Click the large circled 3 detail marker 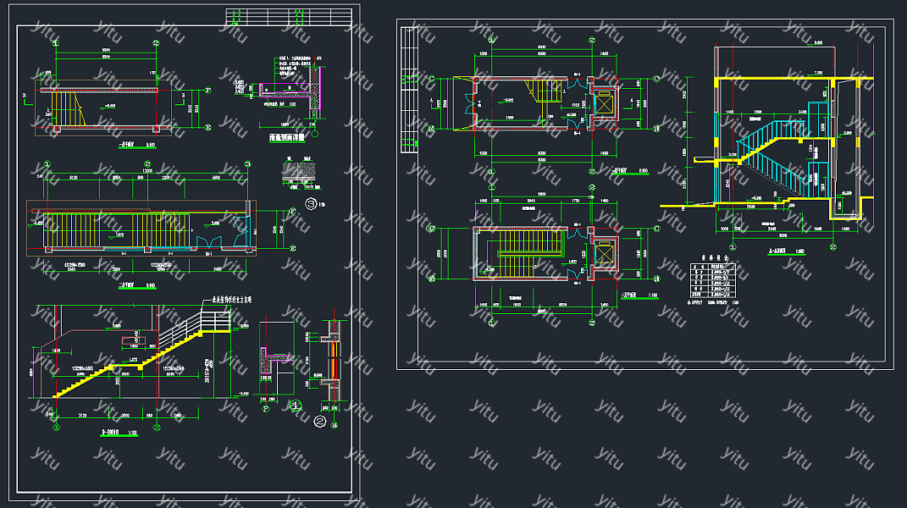tap(312, 203)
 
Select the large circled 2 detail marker tap(320, 419)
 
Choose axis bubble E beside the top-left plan tap(208, 129)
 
